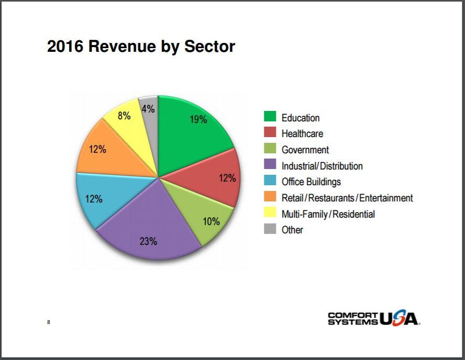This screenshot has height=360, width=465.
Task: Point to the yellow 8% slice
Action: tap(130, 127)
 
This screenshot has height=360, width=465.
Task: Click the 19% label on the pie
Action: tap(198, 119)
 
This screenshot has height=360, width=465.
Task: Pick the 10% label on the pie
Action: tap(211, 221)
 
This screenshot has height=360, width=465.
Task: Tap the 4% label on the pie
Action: tap(148, 109)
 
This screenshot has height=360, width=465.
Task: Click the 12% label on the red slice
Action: tap(227, 178)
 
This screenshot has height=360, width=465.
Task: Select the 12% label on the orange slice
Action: tap(97, 149)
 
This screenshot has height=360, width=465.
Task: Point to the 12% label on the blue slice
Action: tap(94, 199)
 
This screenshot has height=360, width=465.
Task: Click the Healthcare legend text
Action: tap(302, 133)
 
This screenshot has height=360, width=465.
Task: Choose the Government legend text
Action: tap(305, 150)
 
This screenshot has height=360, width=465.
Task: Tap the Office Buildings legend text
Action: tap(311, 182)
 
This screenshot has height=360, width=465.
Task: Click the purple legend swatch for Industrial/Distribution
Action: tap(270, 164)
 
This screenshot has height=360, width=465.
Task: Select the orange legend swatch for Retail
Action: tap(270, 196)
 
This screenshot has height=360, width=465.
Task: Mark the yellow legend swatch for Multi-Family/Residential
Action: tap(270, 212)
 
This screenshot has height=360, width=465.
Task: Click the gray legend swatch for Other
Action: tap(270, 229)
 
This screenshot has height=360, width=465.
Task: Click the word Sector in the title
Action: tap(209, 47)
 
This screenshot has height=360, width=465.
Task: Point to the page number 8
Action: tap(49, 322)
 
